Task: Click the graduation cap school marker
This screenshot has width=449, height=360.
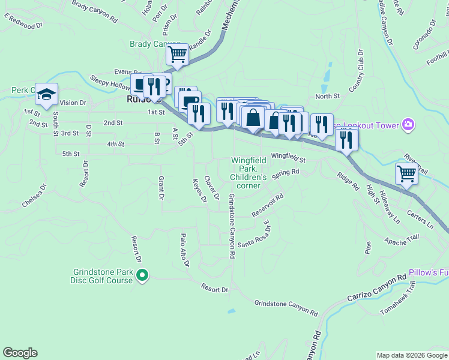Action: tap(46, 94)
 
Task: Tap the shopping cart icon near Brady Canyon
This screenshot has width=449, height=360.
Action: tap(177, 55)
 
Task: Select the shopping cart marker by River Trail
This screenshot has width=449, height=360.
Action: tap(406, 174)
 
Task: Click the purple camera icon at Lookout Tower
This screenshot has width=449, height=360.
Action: tap(408, 125)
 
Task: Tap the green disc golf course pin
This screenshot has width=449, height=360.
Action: tap(142, 276)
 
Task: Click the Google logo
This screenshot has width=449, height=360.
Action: tap(20, 353)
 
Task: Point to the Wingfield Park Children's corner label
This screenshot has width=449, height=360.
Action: tap(249, 173)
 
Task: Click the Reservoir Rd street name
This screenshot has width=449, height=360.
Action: tap(267, 205)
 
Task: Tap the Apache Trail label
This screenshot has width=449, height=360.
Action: tap(400, 240)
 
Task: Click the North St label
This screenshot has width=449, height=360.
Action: tap(327, 96)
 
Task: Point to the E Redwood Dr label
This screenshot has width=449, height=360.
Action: tap(24, 22)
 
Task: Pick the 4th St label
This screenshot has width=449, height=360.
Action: tap(115, 144)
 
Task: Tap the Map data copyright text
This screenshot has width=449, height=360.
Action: tap(411, 355)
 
